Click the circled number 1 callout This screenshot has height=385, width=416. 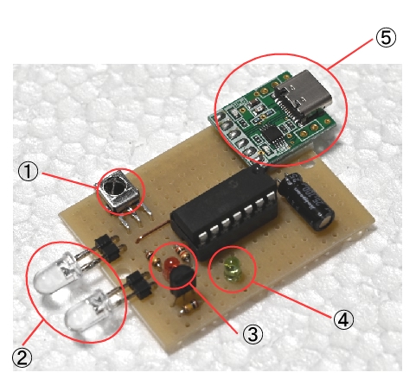[28, 172]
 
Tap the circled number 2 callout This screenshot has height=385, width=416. [22, 357]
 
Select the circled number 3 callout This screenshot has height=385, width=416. [253, 334]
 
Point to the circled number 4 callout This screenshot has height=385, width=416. [343, 319]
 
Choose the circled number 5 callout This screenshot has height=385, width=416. [386, 38]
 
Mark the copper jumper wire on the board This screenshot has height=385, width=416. [153, 230]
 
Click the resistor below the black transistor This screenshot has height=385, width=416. [189, 306]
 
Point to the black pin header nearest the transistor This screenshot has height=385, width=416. [139, 286]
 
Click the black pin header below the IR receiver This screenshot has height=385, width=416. [107, 248]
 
